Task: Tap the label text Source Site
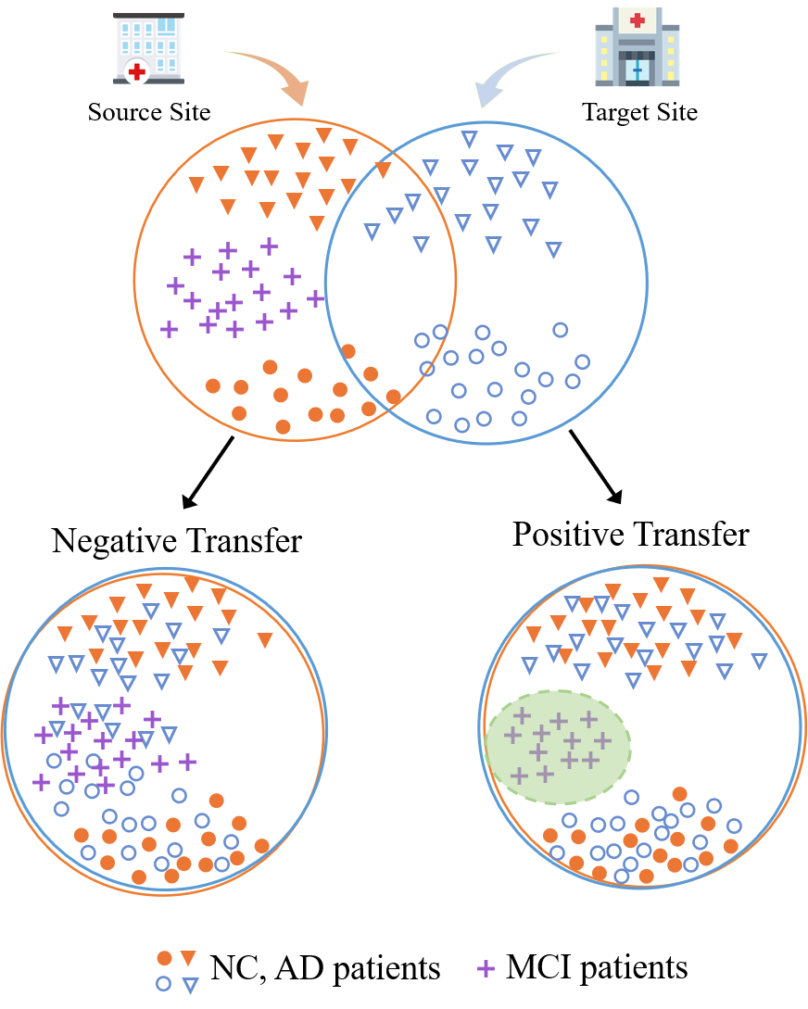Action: click(x=149, y=113)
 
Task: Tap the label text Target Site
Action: click(x=639, y=113)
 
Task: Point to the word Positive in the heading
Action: click(x=567, y=535)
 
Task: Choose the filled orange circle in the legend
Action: click(x=164, y=958)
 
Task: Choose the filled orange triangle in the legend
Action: click(x=189, y=958)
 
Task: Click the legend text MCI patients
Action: click(x=597, y=968)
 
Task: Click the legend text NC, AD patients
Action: click(x=323, y=969)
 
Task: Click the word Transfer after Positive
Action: click(x=690, y=535)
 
